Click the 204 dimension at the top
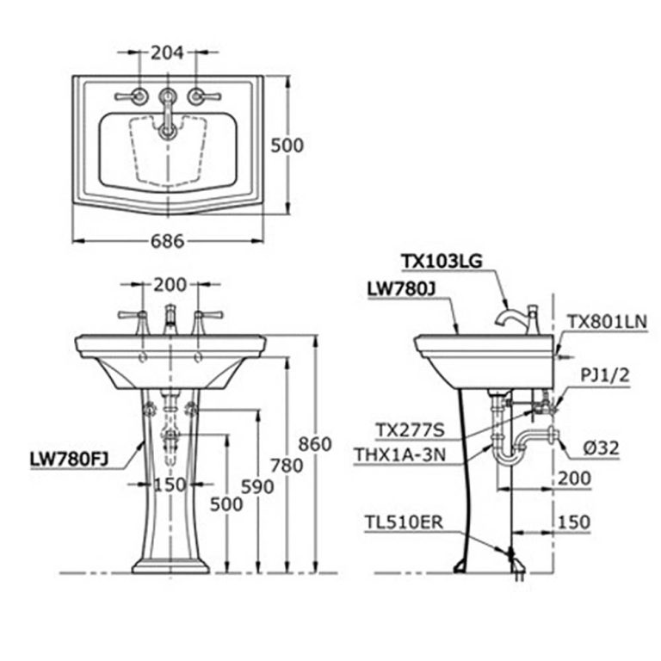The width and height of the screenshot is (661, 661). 167,53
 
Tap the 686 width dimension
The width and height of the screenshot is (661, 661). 167,241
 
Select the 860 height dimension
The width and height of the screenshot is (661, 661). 315,444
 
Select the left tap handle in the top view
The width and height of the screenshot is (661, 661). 139,96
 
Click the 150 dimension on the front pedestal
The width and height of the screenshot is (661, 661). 169,486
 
